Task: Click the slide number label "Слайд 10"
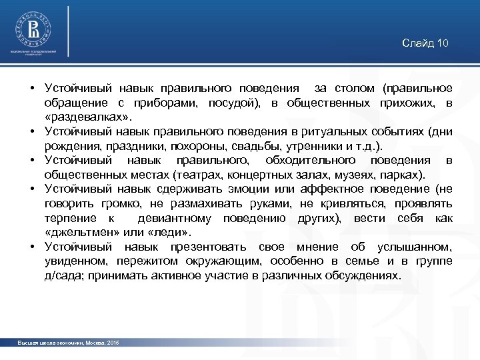425,43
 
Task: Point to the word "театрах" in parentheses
195,175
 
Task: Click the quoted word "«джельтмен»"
81,232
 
